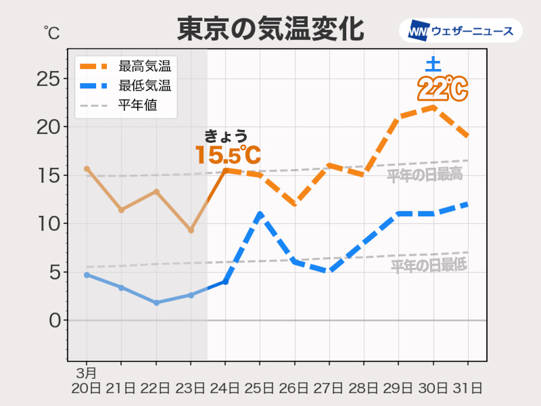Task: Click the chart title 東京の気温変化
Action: coord(270,30)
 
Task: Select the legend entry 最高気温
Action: coord(144,66)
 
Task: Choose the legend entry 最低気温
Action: coord(144,86)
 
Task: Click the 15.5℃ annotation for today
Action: coord(227,155)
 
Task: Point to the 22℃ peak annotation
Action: coord(442,89)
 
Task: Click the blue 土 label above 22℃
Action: coord(433,66)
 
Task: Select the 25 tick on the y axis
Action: coord(48,79)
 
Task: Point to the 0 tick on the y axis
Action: coord(55,320)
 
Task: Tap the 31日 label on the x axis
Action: coord(467,388)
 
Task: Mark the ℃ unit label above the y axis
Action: coord(51,32)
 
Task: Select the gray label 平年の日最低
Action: coord(429,266)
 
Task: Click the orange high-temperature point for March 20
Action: coord(87,168)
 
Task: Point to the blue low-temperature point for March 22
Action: coord(156,302)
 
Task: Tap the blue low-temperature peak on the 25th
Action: coord(260,215)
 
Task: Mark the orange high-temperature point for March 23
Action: coord(191,230)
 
